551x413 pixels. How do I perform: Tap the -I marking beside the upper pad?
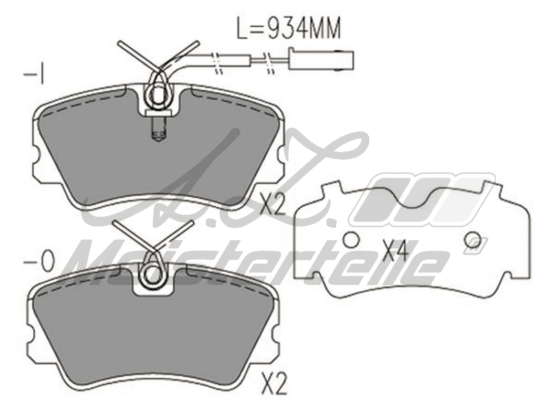[34, 74]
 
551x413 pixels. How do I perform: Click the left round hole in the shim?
[351, 240]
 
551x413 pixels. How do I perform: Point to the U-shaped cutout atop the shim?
[411, 196]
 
